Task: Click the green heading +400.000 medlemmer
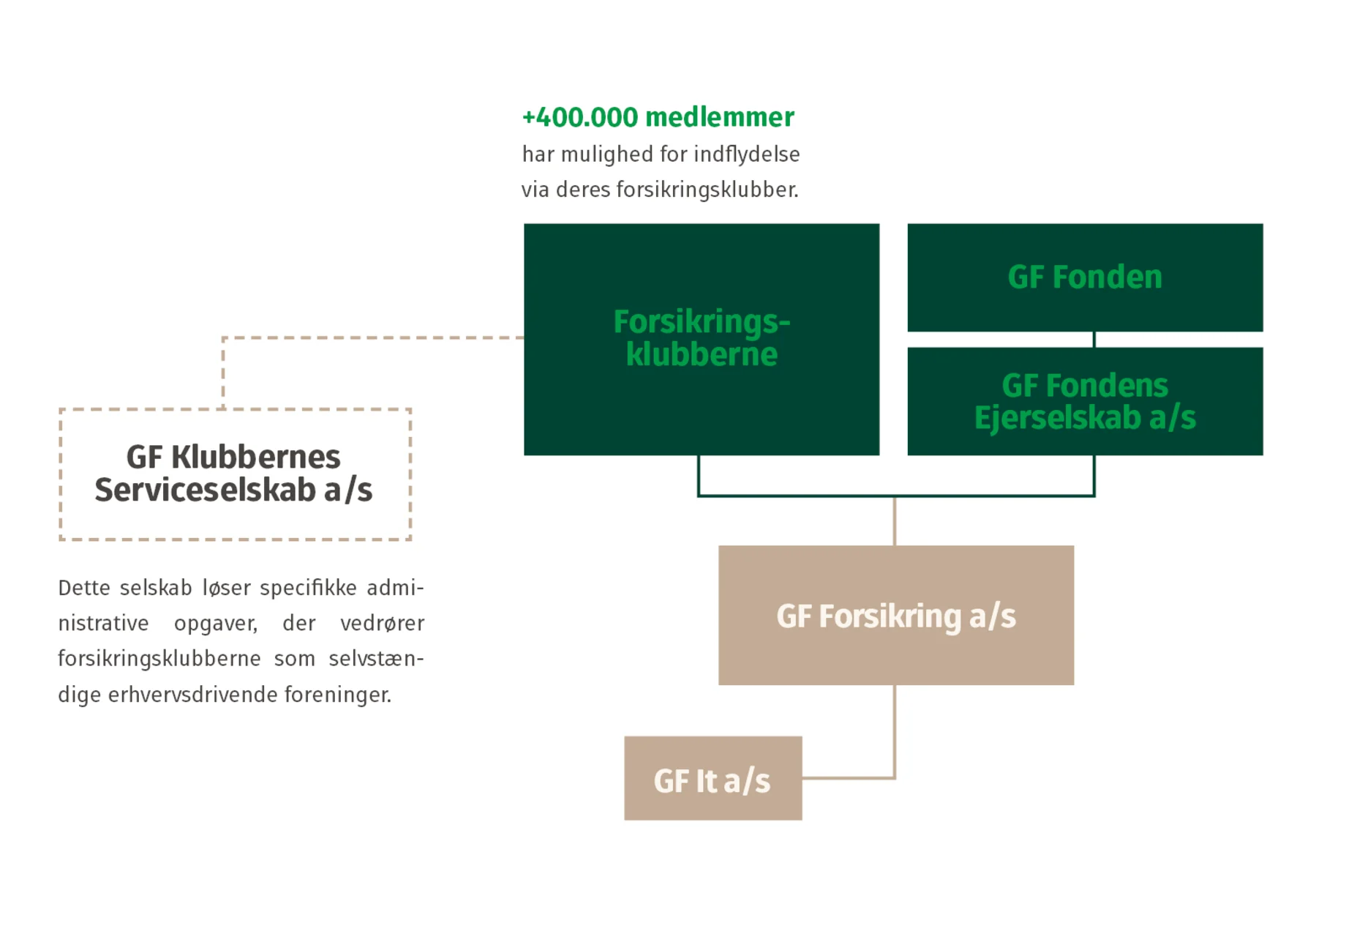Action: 657,117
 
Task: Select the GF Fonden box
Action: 1084,277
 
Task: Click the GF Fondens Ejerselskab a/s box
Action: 1084,401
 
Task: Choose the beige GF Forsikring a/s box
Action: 895,616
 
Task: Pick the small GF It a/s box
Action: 712,780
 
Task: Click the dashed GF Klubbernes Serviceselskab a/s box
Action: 234,474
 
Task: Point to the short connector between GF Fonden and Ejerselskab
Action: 1094,340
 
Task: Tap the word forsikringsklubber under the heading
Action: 706,190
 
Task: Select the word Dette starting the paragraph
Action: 83,589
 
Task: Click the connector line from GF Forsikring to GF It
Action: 894,732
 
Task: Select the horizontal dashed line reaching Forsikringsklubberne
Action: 373,337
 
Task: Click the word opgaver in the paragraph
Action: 215,624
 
